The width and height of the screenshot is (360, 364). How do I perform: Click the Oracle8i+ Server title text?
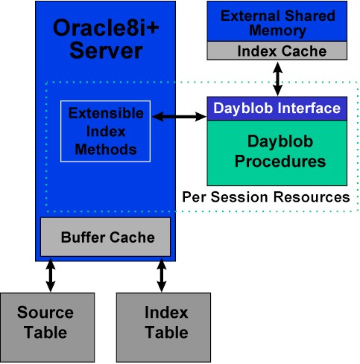(106, 39)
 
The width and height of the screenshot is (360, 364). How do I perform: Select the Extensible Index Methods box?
(105, 131)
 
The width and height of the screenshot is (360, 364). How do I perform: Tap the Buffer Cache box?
(106, 237)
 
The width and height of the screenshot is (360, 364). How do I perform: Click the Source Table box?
(47, 328)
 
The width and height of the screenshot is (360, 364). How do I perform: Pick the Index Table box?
(163, 328)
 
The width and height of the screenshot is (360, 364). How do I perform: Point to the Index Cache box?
(277, 51)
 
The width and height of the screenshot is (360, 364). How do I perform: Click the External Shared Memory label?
(278, 23)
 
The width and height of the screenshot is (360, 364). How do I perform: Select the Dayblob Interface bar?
(277, 109)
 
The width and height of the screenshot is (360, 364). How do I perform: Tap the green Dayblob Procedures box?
(277, 153)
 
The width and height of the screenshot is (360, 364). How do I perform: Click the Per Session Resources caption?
(266, 197)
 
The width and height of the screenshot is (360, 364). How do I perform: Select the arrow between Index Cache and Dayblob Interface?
(277, 78)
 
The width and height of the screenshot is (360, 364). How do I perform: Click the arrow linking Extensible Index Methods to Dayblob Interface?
(179, 116)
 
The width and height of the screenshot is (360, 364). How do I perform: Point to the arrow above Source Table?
(51, 275)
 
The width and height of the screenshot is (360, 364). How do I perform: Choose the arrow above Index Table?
(162, 275)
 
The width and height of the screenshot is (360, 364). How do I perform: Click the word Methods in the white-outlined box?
(106, 150)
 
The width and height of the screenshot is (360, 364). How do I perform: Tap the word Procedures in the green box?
(280, 162)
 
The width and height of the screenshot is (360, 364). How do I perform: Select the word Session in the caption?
(239, 197)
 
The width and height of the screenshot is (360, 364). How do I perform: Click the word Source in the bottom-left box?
(45, 312)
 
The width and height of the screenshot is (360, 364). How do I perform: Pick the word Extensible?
(106, 113)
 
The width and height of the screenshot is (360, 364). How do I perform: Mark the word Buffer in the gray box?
(83, 237)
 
